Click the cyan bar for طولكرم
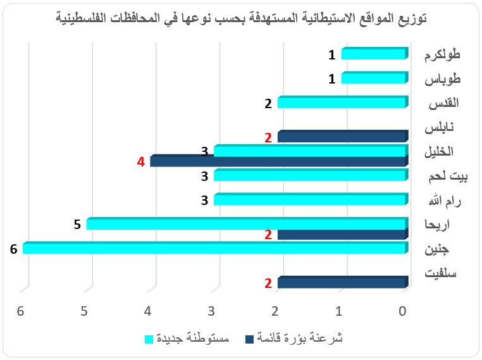pyautogui.click(x=373, y=54)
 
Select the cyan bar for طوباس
pyautogui.click(x=373, y=78)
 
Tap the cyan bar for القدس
pyautogui.click(x=342, y=102)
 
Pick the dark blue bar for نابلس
pyautogui.click(x=342, y=137)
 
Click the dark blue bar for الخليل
pyautogui.click(x=278, y=162)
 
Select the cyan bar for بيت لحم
pyautogui.click(x=310, y=175)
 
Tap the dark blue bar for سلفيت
pyautogui.click(x=342, y=283)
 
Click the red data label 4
pyautogui.click(x=141, y=162)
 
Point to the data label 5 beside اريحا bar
pyautogui.click(x=77, y=224)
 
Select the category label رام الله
pyautogui.click(x=443, y=201)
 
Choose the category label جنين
pyautogui.click(x=447, y=249)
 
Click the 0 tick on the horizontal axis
pyautogui.click(x=403, y=311)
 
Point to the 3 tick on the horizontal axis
pyautogui.click(x=212, y=311)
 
